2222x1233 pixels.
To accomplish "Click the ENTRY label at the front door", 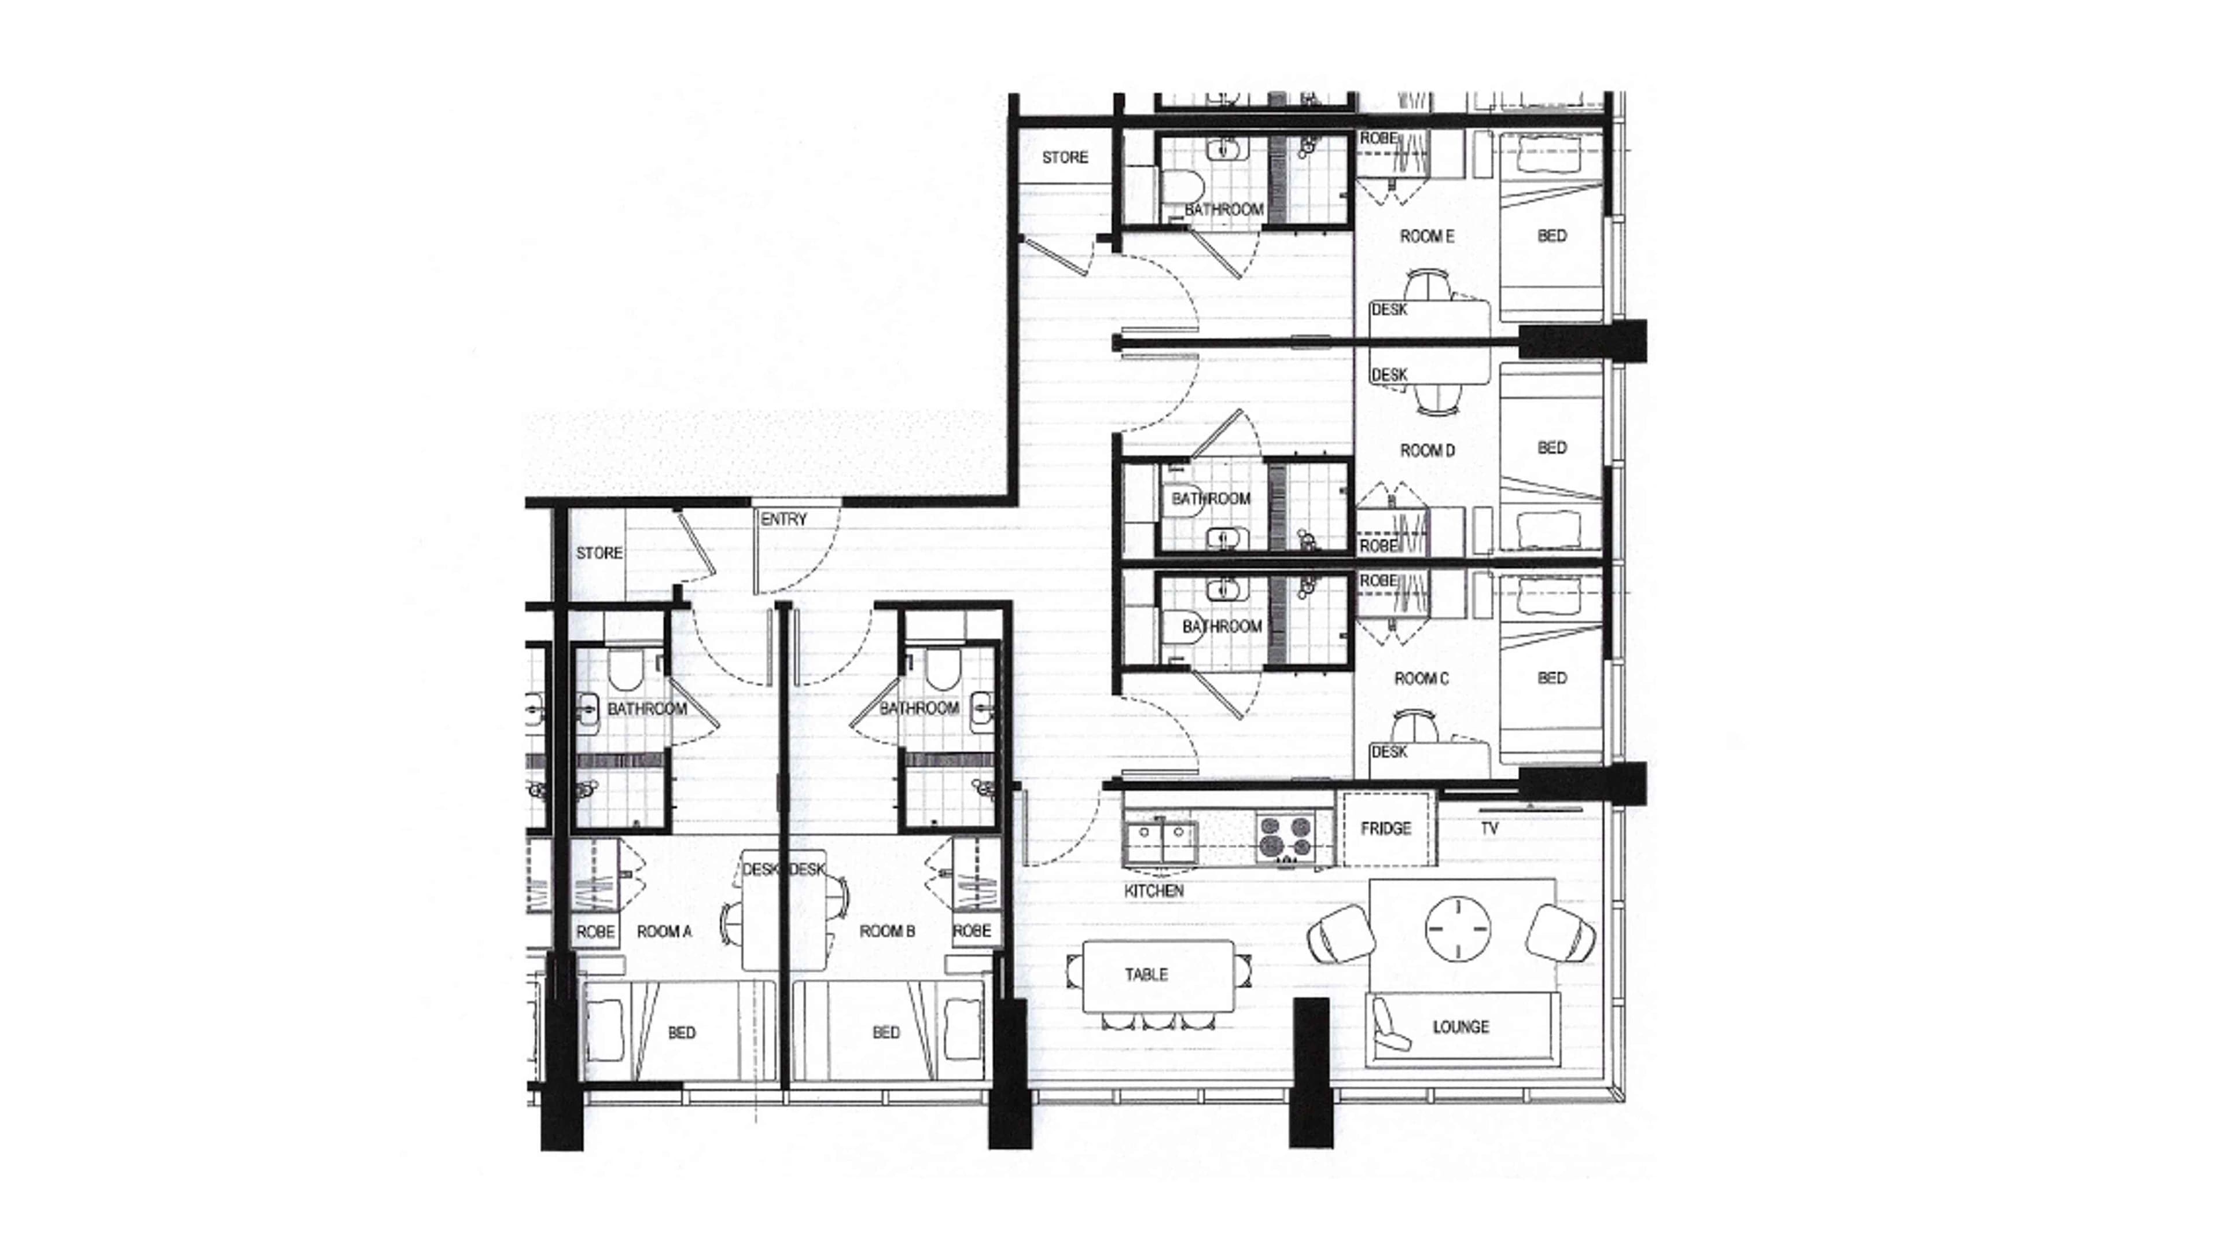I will click(x=783, y=519).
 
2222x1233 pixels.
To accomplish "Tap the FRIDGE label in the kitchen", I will click(x=1385, y=829).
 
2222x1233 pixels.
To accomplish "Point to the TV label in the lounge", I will click(x=1489, y=829).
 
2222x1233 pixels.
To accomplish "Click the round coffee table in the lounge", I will click(x=1458, y=929).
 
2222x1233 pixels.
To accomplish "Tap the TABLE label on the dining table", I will click(x=1146, y=975).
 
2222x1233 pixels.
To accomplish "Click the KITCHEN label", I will click(x=1153, y=890).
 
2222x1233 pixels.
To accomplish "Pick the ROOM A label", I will click(x=664, y=931).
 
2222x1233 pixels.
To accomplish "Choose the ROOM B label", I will click(x=886, y=931).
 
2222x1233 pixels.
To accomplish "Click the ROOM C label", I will click(x=1422, y=679).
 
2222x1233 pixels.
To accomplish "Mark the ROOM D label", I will click(x=1427, y=450).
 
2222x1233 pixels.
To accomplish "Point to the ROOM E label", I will click(x=1427, y=235).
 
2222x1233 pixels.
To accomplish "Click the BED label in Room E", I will click(x=1552, y=235).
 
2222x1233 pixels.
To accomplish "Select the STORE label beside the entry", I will click(x=599, y=553).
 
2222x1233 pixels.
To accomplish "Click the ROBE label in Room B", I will click(x=972, y=931).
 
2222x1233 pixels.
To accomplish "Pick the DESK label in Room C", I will click(x=1389, y=752).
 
